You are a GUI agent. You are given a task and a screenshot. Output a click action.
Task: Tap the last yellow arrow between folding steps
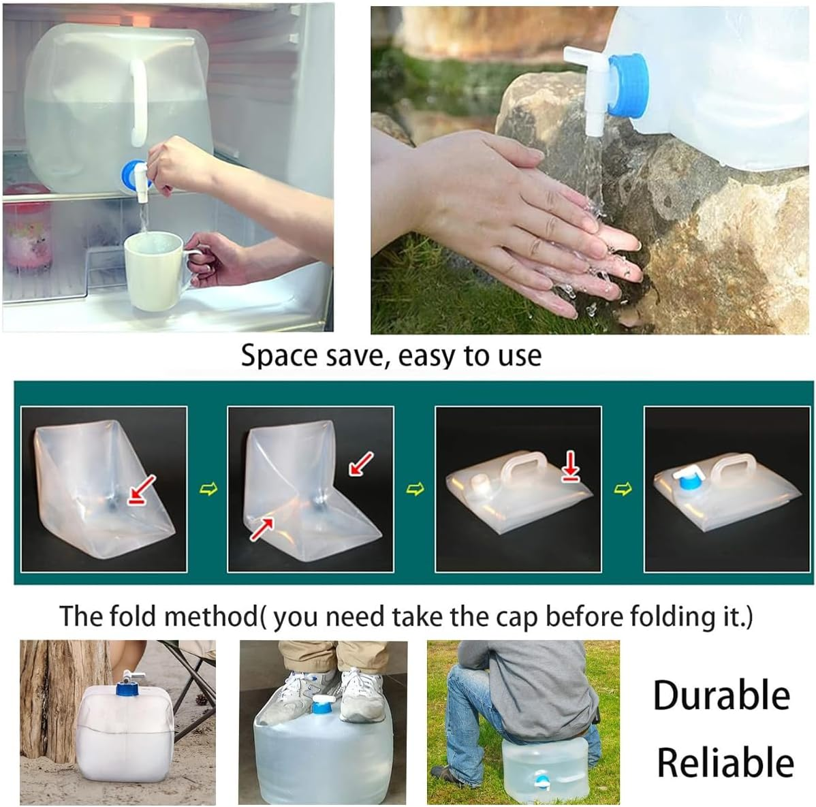coord(623,490)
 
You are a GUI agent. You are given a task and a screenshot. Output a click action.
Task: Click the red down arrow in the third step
coord(571,468)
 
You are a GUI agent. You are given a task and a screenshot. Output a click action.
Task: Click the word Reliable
coord(725,761)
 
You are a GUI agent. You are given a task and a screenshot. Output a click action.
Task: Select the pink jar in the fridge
coord(27,235)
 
